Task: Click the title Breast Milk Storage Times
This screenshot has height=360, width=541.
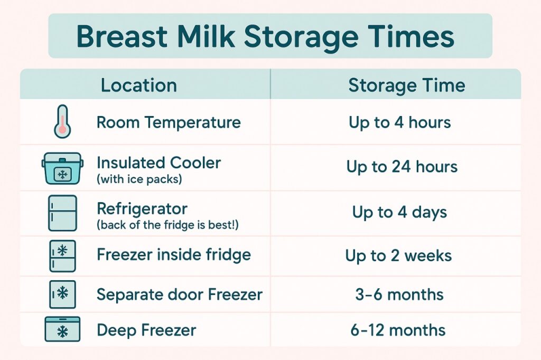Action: point(265,36)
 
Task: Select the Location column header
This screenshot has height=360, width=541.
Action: point(138,86)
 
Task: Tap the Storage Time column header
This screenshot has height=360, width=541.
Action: point(406,86)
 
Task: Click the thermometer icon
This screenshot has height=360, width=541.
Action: point(62,122)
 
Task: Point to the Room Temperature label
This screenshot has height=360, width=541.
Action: point(168,122)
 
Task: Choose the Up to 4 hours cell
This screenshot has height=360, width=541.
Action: point(399,122)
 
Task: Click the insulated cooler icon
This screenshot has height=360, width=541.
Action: point(62,168)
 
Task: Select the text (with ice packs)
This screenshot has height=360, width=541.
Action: point(139,179)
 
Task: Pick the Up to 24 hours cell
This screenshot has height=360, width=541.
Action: point(402,167)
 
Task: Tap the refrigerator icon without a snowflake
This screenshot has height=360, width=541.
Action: point(62,213)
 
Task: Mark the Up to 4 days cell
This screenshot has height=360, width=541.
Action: point(399,213)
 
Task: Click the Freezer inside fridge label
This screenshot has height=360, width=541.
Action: point(173,255)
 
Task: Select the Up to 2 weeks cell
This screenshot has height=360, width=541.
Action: point(398,256)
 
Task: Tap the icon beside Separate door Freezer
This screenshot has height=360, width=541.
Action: point(62,294)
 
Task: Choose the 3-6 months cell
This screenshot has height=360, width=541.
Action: point(399,295)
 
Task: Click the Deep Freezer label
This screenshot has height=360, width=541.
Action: point(146,330)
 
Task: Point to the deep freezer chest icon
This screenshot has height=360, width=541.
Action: point(62,329)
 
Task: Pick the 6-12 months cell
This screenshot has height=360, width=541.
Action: point(398,330)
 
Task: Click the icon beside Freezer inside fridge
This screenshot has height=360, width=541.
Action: point(62,256)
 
